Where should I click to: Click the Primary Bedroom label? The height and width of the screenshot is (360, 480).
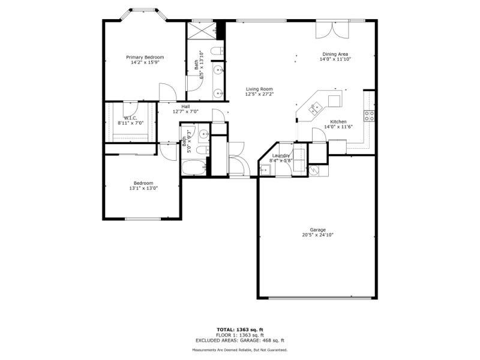click(x=145, y=57)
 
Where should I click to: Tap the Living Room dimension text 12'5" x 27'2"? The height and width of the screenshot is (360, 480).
click(x=259, y=94)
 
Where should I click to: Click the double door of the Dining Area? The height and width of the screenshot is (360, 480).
click(x=332, y=30)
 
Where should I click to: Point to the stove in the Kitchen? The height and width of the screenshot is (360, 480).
click(x=370, y=115)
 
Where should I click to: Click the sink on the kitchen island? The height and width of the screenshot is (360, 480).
click(x=314, y=108)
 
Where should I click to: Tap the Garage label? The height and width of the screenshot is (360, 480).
click(x=317, y=230)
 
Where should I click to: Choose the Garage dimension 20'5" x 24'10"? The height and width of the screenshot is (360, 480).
click(x=317, y=235)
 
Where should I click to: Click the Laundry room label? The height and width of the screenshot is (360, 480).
click(x=281, y=155)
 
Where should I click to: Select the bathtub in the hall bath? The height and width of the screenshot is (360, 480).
click(x=194, y=167)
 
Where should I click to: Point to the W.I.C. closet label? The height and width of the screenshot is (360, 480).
click(x=131, y=118)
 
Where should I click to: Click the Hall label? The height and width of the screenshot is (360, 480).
click(x=185, y=106)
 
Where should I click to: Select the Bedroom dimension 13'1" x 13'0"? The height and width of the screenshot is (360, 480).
click(x=143, y=188)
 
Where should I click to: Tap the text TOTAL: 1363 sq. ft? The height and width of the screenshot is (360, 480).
click(x=239, y=329)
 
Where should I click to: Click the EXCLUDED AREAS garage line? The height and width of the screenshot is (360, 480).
click(x=239, y=340)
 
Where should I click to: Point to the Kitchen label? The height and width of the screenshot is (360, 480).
click(x=338, y=121)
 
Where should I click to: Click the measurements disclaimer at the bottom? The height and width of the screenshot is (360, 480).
click(x=239, y=350)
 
